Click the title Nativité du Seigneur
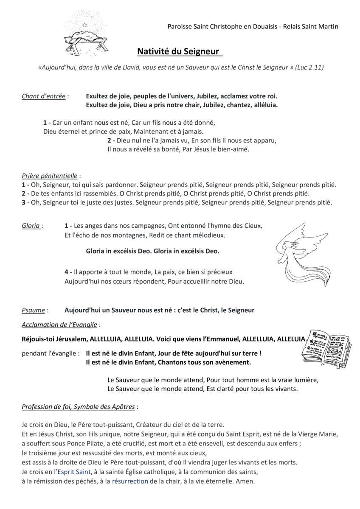click(x=178, y=52)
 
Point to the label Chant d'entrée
click(x=44, y=96)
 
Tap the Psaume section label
click(x=33, y=310)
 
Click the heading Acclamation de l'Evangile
click(x=60, y=324)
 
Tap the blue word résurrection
click(x=130, y=481)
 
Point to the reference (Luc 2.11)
click(x=309, y=67)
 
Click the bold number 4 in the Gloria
click(x=66, y=271)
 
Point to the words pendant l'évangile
click(x=50, y=353)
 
